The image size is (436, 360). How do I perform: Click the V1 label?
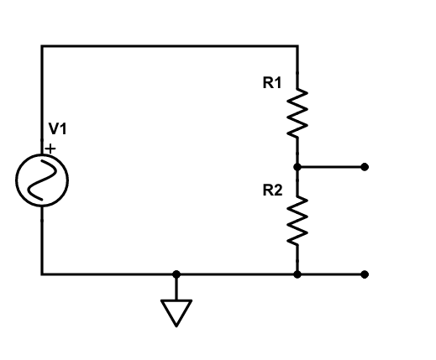tap(57, 129)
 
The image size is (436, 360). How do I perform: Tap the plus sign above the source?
tap(50, 148)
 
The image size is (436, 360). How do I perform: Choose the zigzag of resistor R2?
tap(297, 220)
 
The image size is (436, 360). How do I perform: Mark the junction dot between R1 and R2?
tap(297, 167)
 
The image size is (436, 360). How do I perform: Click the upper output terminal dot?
tap(364, 167)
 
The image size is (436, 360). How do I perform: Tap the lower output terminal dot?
tap(364, 274)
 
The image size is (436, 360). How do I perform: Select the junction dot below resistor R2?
tap(297, 274)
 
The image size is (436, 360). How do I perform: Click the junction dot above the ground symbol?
tap(176, 274)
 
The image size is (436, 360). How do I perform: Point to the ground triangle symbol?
tap(176, 312)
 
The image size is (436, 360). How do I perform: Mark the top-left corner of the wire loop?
tap(42, 46)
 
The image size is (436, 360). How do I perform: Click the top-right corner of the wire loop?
tap(297, 46)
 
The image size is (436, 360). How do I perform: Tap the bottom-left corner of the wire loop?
tap(42, 274)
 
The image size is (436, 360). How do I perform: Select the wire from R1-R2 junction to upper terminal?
tap(331, 167)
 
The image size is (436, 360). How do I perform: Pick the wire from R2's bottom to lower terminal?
tap(331, 274)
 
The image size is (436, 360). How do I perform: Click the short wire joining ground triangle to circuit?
tap(176, 287)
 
